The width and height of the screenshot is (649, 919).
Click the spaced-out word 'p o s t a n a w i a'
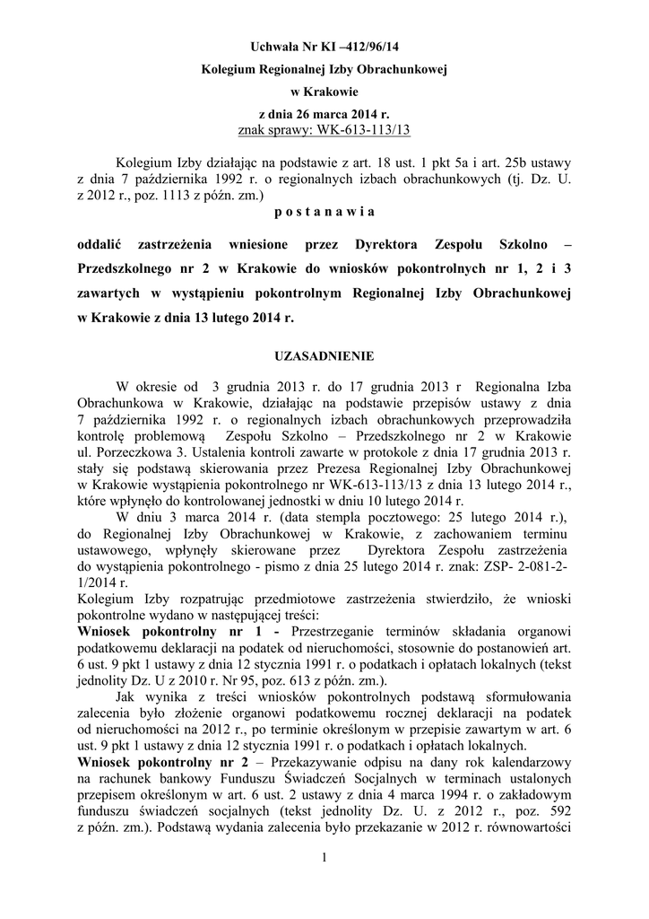pos(324,211)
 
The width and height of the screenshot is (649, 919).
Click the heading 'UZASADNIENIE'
pos(324,355)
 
